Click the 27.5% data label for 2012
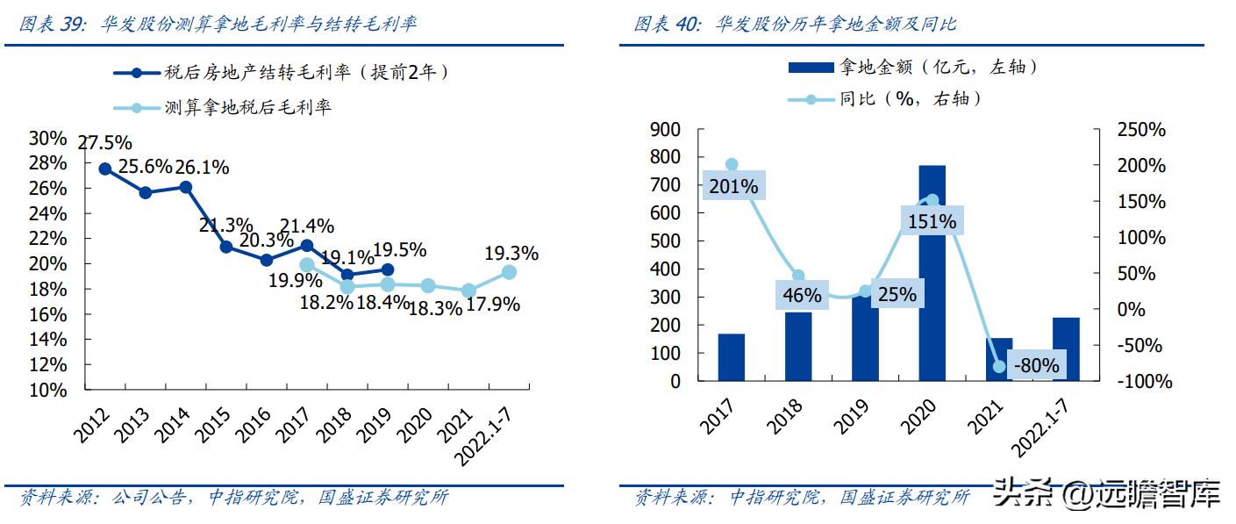pyautogui.click(x=104, y=143)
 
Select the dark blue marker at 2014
pyautogui.click(x=185, y=186)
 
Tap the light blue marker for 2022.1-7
pyautogui.click(x=509, y=272)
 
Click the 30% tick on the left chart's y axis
pyautogui.click(x=47, y=138)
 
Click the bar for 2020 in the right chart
pyautogui.click(x=932, y=273)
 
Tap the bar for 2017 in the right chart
pyautogui.click(x=731, y=357)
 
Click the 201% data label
pyautogui.click(x=732, y=186)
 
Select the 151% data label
pyautogui.click(x=932, y=221)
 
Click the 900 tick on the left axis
pyautogui.click(x=664, y=130)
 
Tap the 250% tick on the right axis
pyautogui.click(x=1140, y=130)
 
